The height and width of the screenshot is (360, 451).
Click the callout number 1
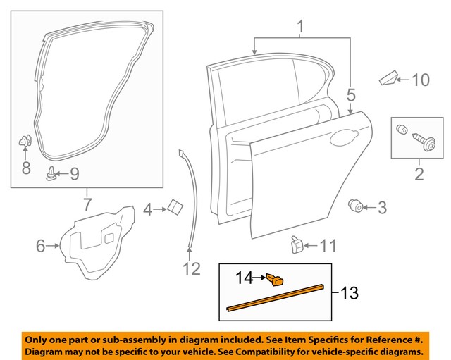(301, 28)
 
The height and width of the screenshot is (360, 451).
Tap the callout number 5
(351, 94)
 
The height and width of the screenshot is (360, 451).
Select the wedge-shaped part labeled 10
(388, 78)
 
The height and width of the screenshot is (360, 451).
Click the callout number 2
(419, 173)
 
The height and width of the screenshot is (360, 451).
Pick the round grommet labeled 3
(356, 206)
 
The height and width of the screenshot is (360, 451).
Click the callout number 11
(328, 247)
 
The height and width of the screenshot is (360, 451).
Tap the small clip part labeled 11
(296, 244)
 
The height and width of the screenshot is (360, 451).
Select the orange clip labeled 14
(276, 280)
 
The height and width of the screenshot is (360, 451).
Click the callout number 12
(192, 268)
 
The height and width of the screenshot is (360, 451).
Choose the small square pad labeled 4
(173, 206)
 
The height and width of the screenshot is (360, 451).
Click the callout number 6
(41, 246)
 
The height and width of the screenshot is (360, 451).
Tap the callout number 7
(87, 206)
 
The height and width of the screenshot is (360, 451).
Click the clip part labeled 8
(25, 142)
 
